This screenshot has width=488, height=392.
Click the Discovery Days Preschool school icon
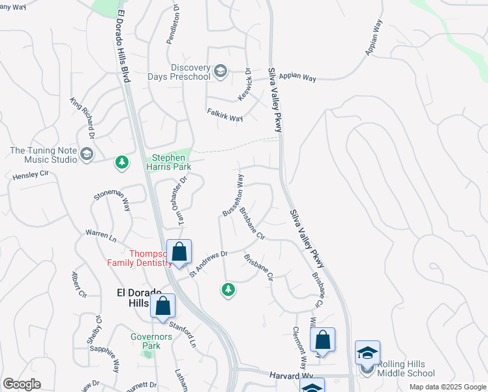(x=221, y=71)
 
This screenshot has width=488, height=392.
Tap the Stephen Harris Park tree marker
(x=121, y=162)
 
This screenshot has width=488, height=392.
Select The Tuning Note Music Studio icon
(x=87, y=154)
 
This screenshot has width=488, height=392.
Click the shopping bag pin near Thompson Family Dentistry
(x=179, y=253)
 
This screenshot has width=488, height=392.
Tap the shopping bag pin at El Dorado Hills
(x=162, y=305)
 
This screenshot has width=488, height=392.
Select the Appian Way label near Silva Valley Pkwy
(x=297, y=77)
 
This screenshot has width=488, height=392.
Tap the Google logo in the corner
(x=22, y=384)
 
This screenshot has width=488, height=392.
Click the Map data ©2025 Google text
(x=447, y=387)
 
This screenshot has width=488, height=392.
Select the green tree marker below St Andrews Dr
(x=228, y=289)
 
